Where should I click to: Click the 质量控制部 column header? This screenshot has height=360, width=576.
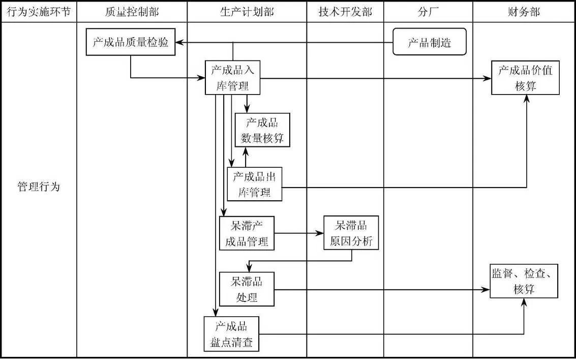point(131,12)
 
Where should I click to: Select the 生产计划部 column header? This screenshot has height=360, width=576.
point(247,12)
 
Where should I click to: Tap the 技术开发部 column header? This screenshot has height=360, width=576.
point(345,12)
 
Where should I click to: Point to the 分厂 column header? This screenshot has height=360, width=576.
point(428,12)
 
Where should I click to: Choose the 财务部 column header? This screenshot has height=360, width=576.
point(524,12)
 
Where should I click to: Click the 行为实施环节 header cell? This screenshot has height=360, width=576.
point(39,12)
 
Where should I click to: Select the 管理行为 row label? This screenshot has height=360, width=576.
point(39,187)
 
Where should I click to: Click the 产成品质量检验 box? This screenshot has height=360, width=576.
point(130,43)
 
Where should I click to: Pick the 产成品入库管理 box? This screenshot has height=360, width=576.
point(233,78)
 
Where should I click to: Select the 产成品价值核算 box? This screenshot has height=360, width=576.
point(525,78)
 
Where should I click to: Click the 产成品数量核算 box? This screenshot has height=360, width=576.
point(262,130)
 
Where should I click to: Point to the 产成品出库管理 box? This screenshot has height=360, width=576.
point(254,184)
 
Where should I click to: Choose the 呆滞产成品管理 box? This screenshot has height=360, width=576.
point(247,233)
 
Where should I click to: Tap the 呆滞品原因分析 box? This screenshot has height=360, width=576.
point(351,233)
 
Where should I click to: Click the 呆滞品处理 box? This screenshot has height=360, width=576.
point(247,289)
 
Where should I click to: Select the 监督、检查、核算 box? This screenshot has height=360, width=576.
point(524,281)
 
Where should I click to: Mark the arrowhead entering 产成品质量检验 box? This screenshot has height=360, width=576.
point(179,43)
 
